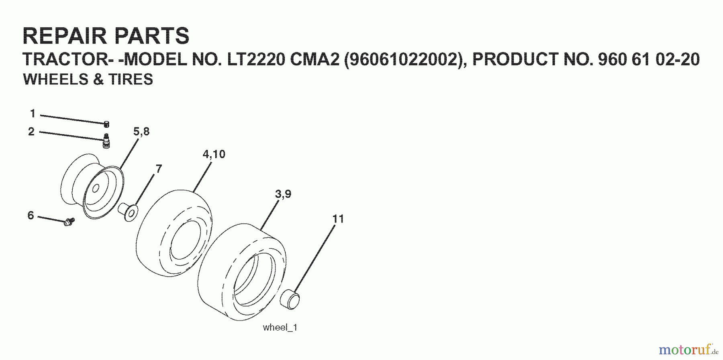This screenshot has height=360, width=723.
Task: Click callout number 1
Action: [33, 114]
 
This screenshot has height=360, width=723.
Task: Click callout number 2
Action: [31, 132]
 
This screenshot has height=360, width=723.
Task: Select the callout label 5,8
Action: [141, 132]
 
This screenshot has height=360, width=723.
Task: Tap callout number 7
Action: [159, 169]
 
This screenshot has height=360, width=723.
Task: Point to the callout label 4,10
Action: [214, 154]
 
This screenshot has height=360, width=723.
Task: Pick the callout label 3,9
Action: [283, 194]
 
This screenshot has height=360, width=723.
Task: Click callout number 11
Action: [338, 219]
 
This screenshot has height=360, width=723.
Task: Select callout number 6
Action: [31, 216]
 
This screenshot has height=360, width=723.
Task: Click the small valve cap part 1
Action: [107, 124]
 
